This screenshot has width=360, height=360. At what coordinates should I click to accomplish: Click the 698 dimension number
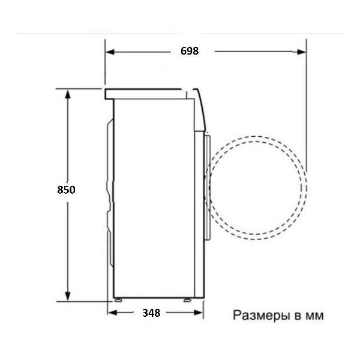point(189,51)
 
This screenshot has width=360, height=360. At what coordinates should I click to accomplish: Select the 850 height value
point(66,190)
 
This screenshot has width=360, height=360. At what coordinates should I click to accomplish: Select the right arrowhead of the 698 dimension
point(303,52)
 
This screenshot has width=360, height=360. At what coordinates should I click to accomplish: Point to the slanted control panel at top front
point(200,108)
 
